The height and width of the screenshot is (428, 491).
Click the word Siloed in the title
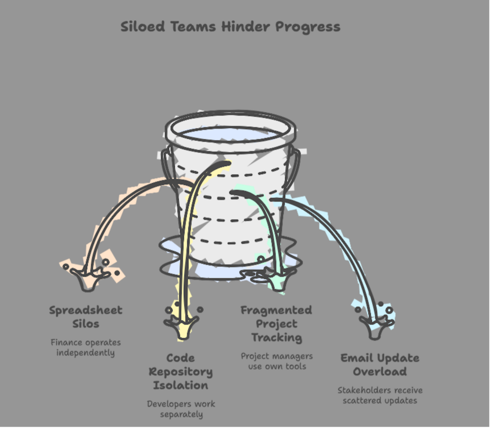point(143,26)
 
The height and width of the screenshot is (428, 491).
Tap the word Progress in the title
point(308,27)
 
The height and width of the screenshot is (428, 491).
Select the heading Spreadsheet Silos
point(86,317)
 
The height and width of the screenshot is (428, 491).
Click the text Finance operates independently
point(86,347)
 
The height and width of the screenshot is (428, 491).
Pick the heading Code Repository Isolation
point(181,371)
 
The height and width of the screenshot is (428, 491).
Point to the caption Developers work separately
point(181,409)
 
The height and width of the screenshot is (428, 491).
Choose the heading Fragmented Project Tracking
point(277,324)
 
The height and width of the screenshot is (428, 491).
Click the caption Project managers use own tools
point(277,361)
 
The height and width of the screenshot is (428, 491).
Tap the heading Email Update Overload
point(380,365)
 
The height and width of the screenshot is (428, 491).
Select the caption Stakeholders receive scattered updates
point(380,395)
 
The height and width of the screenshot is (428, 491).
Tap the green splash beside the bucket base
point(272,274)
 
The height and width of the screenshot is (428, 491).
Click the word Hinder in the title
point(246,26)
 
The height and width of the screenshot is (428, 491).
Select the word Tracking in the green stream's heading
point(277,337)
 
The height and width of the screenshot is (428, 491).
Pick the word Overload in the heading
point(380,371)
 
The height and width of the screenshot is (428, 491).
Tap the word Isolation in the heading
point(181,385)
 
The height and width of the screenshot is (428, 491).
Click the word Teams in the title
point(193,26)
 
